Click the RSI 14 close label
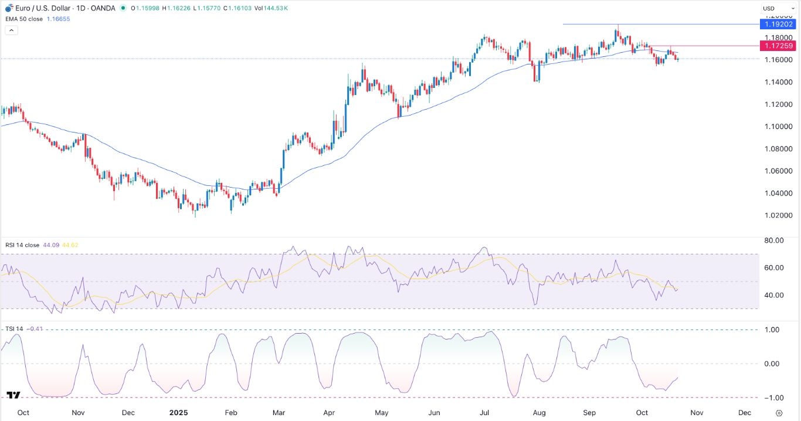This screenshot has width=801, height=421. tap(22, 245)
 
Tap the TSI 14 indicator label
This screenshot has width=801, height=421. tap(13, 329)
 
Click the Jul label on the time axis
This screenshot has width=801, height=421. tap(484, 412)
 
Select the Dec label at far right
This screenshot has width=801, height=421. tap(744, 412)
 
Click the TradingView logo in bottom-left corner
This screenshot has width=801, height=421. tap(13, 396)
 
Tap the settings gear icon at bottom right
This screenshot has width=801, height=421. tap(779, 413)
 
